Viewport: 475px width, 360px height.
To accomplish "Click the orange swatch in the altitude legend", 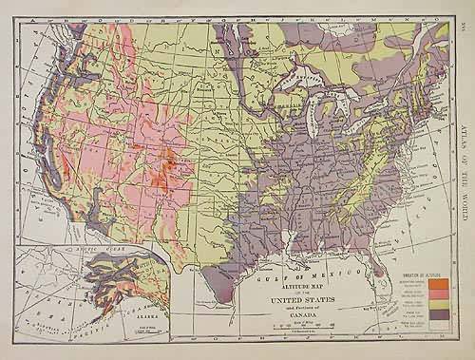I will pyautogui.click(x=439, y=283).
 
